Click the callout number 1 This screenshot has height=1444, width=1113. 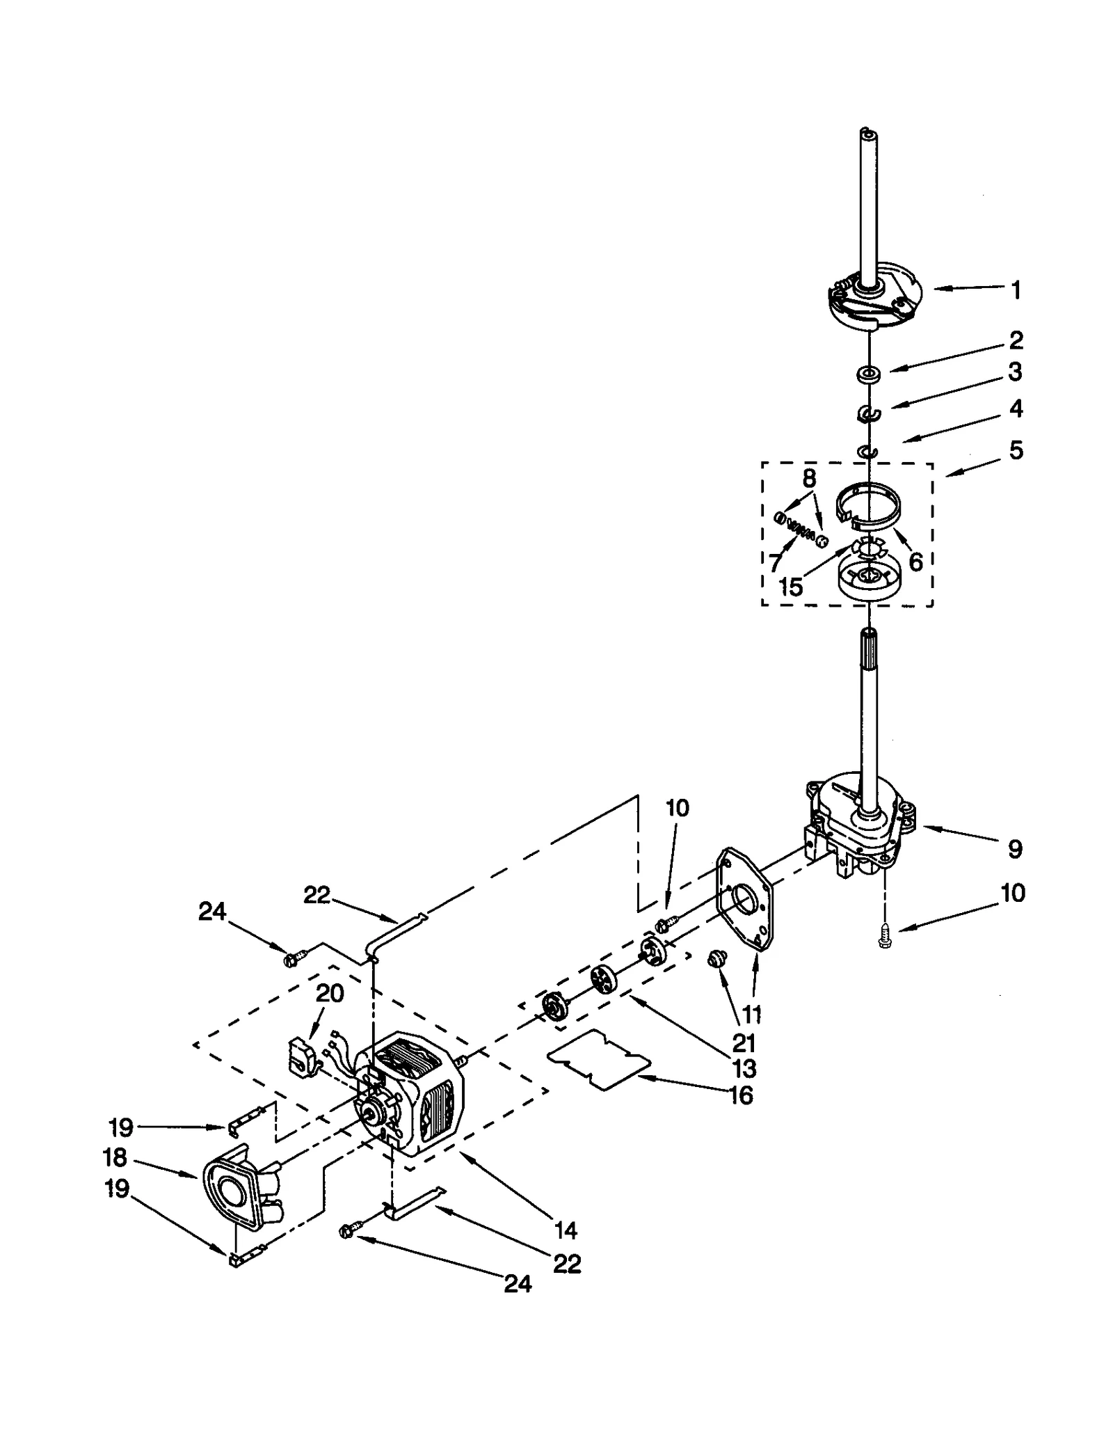(x=1016, y=290)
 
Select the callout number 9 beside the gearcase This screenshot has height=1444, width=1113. (x=1015, y=848)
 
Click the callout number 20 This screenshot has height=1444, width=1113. (x=330, y=993)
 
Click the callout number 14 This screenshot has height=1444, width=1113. (x=566, y=1230)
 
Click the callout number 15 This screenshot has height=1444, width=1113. (x=791, y=587)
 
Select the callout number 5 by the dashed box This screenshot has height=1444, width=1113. (x=1016, y=450)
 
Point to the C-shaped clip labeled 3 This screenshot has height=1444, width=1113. (x=868, y=415)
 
